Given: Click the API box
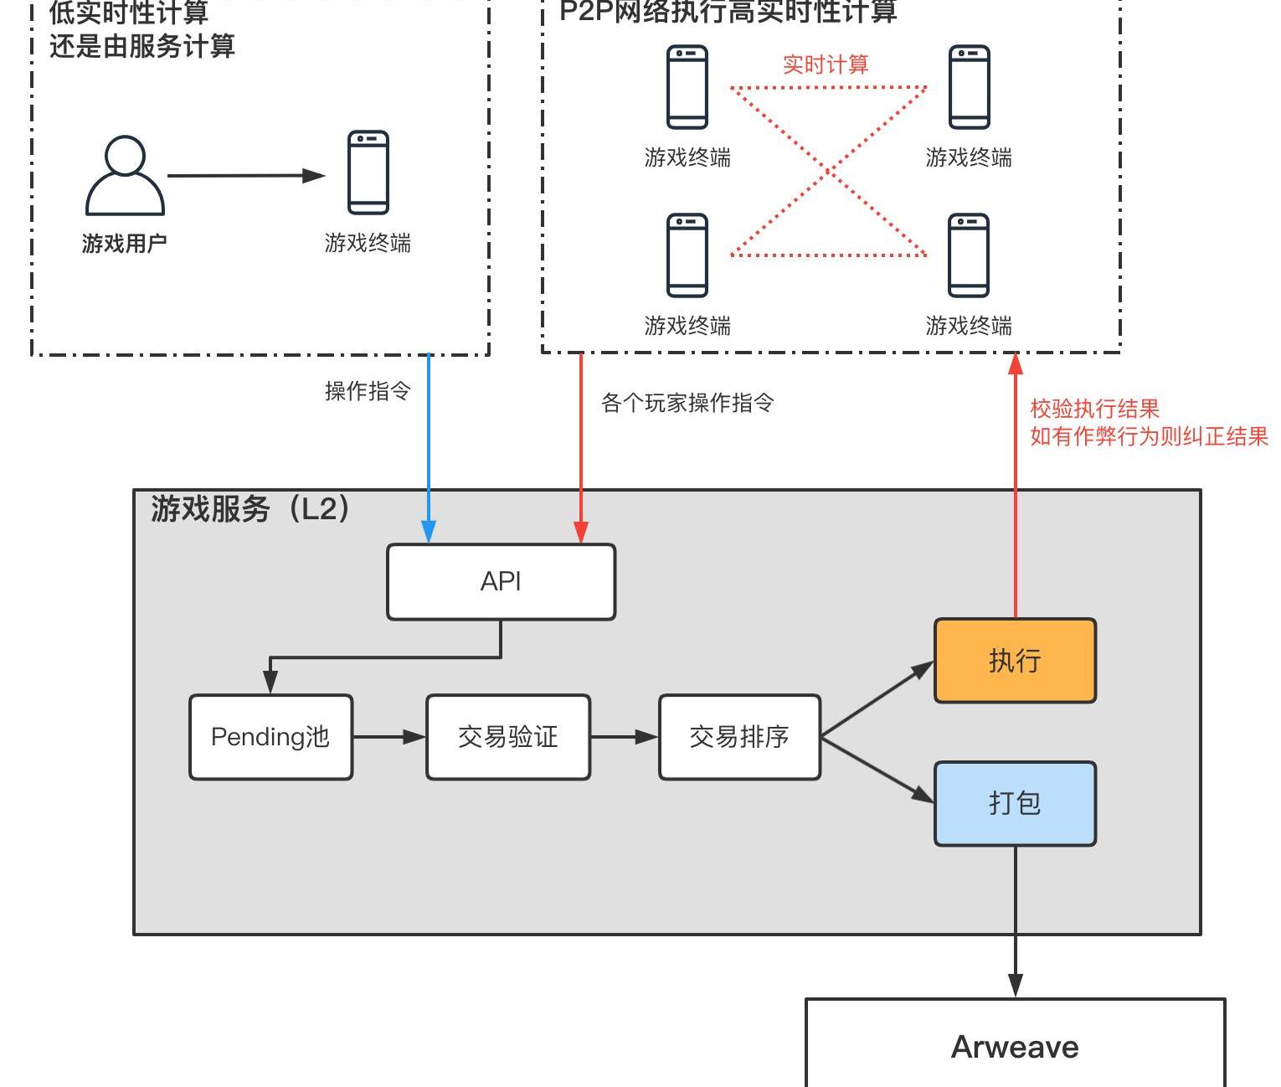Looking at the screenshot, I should [x=501, y=582].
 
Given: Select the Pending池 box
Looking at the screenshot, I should [x=270, y=737].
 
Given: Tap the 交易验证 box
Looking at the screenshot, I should [x=508, y=737].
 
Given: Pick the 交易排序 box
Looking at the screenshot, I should [x=739, y=737].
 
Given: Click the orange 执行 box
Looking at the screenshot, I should [x=1015, y=661].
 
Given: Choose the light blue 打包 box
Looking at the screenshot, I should [x=1015, y=803].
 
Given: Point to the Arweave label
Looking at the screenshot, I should [x=1015, y=1047].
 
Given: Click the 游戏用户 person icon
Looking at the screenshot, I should [x=125, y=176].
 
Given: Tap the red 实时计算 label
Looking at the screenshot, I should [x=826, y=64].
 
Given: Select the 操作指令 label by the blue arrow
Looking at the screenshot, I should [x=368, y=391].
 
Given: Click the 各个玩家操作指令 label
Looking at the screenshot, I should [x=687, y=403].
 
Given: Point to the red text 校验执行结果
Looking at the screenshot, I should [x=1094, y=409].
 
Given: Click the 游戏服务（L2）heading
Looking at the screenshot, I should [x=250, y=508].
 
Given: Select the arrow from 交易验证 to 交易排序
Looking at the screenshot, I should [x=625, y=737].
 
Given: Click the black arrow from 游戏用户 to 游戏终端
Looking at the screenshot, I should [x=246, y=176].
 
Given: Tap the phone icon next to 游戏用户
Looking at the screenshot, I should [x=368, y=173].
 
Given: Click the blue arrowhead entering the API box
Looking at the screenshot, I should [x=429, y=533].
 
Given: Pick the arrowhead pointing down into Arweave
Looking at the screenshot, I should [x=1016, y=986].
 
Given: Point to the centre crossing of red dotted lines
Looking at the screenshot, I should [x=829, y=171].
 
